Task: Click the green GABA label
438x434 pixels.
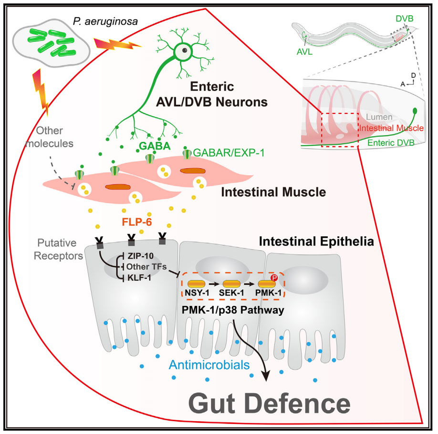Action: (x=152, y=147)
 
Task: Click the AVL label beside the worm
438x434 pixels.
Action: (x=304, y=52)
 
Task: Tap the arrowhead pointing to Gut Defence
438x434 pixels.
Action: (x=265, y=376)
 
